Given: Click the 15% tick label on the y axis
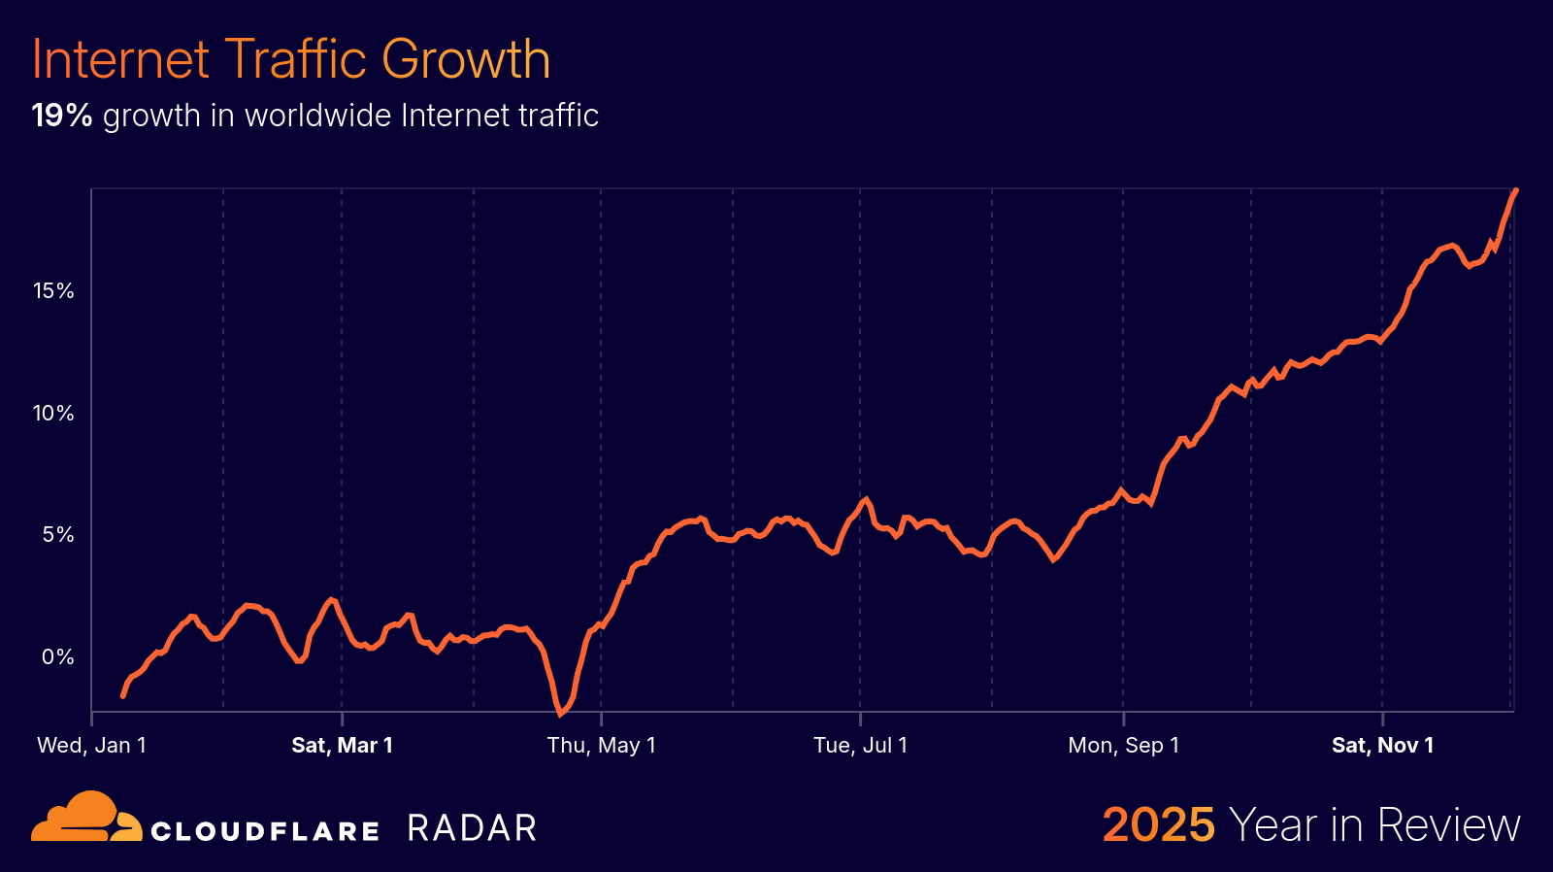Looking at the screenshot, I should [x=53, y=290].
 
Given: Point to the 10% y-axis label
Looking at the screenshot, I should [x=53, y=413].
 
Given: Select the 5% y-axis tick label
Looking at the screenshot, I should [x=58, y=534].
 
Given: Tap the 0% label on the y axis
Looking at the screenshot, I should [x=58, y=656].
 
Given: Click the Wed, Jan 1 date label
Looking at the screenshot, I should [x=91, y=745].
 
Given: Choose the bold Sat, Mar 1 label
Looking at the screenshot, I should [x=342, y=745].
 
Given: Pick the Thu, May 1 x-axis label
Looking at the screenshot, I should [x=601, y=745].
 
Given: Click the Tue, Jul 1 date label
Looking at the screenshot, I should [x=860, y=745].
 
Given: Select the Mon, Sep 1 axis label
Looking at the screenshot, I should [x=1123, y=745].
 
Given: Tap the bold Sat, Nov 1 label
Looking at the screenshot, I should [x=1382, y=745].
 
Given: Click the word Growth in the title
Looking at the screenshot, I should [x=466, y=59].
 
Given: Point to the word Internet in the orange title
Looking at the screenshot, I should [x=120, y=59].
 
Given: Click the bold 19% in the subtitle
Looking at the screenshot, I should [x=61, y=116].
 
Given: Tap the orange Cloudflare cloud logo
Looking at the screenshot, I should [x=85, y=818].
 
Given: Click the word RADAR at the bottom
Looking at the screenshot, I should [x=472, y=828].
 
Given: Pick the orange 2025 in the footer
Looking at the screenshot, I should [x=1158, y=825].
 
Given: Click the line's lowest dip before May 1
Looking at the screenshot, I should [x=560, y=714].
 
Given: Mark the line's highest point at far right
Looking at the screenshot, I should [x=1516, y=191].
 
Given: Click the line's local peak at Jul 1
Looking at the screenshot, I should [x=865, y=499].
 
